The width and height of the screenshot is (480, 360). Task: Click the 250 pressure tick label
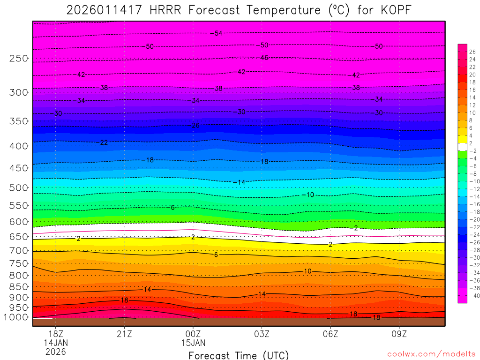(19, 59)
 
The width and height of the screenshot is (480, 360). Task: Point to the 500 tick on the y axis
(19, 187)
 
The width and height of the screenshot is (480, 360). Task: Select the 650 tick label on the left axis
(19, 237)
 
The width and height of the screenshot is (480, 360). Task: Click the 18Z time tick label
(56, 334)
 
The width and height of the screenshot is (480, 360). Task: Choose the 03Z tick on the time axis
(262, 334)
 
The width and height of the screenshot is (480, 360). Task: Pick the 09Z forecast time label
(399, 334)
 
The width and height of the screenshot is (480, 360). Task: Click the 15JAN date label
(193, 342)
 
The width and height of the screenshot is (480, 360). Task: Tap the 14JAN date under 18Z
(56, 342)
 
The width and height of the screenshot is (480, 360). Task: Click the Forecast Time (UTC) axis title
(239, 355)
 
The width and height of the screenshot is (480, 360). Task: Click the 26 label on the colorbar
(472, 52)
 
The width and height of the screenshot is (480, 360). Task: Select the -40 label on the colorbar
(472, 295)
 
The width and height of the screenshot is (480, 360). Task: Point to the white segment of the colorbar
(462, 147)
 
